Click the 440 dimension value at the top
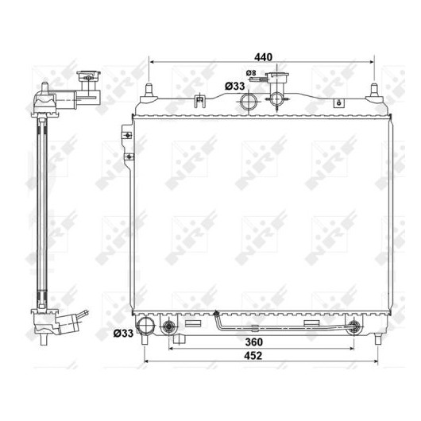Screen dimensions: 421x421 [x=263, y=57]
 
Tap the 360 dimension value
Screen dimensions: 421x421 [x=253, y=342]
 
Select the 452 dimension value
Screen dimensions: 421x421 [x=253, y=356]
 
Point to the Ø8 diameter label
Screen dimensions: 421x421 [x=251, y=73]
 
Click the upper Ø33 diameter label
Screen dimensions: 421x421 [x=235, y=87]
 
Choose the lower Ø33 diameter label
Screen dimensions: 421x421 [x=123, y=333]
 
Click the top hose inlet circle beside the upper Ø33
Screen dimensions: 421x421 [x=249, y=102]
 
